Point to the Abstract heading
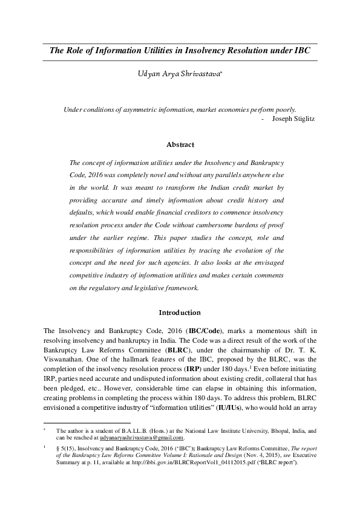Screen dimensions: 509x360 click(180, 144)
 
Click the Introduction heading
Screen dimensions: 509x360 click(180, 313)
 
